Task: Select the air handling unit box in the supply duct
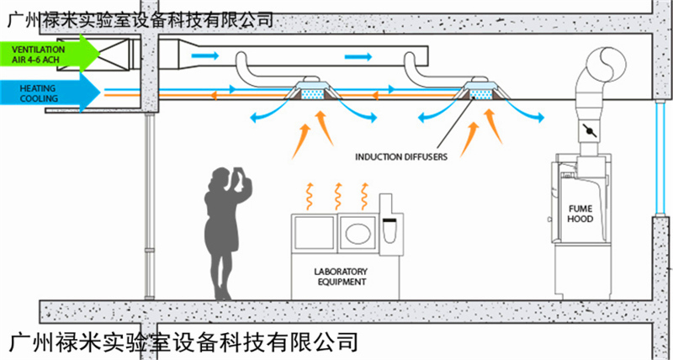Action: click(114, 54)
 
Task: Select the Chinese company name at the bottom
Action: click(181, 342)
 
